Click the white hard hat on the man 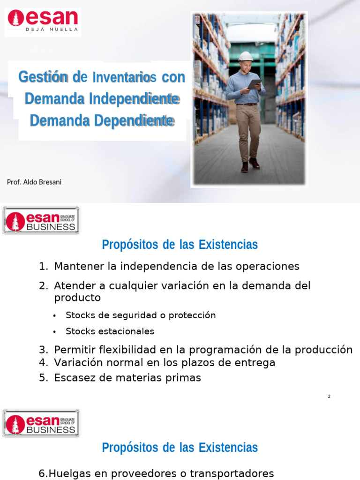tap(246, 56)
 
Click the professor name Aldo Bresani tap(34, 182)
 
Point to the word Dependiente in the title tap(134, 120)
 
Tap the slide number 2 tap(329, 397)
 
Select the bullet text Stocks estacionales tap(110, 331)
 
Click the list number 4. tap(43, 363)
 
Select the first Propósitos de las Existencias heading tap(180, 245)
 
